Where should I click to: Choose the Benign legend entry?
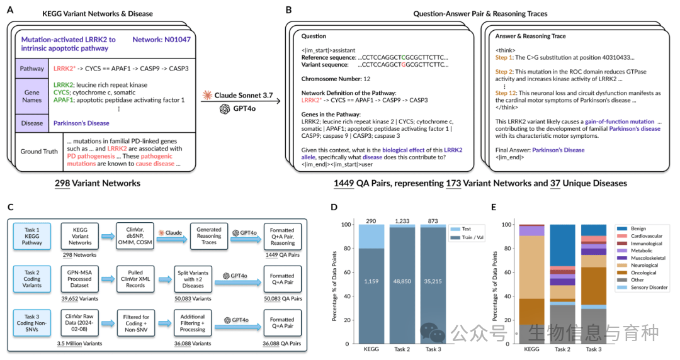point(639,228)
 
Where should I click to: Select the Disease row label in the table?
point(31,123)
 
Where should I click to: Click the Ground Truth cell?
point(40,150)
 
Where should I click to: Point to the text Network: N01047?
point(161,40)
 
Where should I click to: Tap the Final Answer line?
point(540,150)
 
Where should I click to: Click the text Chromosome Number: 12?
point(339,79)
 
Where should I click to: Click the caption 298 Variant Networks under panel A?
point(97,183)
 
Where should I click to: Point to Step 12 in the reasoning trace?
point(506,93)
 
